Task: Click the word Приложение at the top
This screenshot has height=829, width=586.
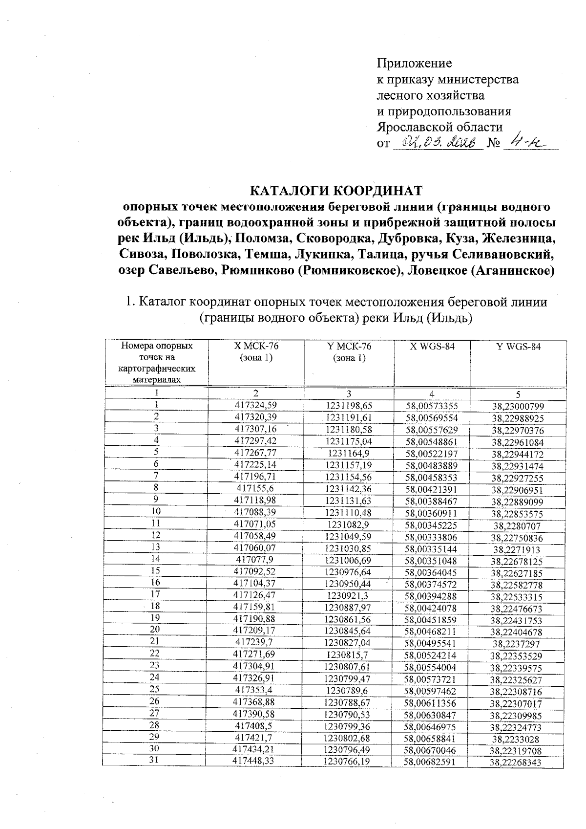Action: [x=414, y=64]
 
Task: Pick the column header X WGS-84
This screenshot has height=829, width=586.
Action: [x=432, y=347]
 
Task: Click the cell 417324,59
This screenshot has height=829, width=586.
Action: [x=256, y=405]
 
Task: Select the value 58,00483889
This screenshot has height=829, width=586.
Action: [x=432, y=465]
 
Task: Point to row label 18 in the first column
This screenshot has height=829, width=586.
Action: [x=155, y=606]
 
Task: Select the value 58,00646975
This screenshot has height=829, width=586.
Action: [x=432, y=727]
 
